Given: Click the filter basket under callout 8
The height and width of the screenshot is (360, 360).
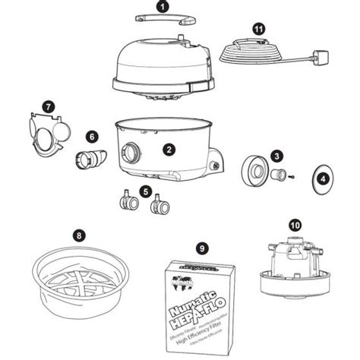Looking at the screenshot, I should pyautogui.click(x=75, y=277).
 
